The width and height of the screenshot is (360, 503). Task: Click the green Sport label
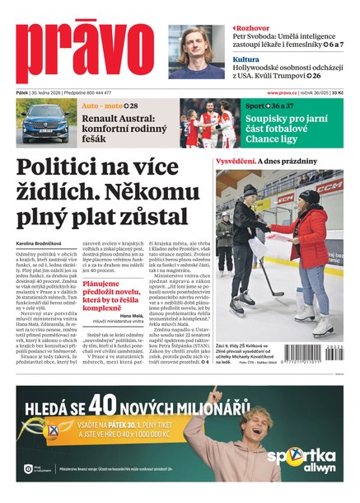pyautogui.click(x=255, y=106)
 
